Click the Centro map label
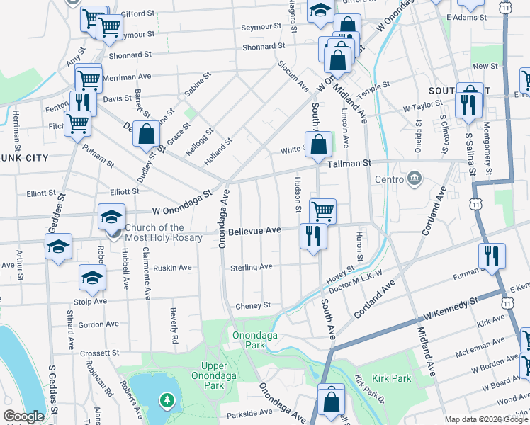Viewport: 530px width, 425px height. (x=388, y=179)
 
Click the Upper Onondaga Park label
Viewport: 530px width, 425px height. (x=210, y=374)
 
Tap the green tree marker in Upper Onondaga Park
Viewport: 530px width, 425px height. (x=167, y=402)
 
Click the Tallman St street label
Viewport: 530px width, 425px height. (x=349, y=164)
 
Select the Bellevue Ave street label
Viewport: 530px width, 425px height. (x=254, y=231)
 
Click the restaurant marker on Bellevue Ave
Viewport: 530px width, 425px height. (x=312, y=235)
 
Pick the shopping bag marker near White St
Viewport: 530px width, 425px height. (x=319, y=145)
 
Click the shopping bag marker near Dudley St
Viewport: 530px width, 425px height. (x=146, y=135)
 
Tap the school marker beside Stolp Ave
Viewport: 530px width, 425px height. (x=92, y=278)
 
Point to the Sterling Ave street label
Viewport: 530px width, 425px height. (x=251, y=267)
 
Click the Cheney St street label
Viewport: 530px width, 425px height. (x=253, y=305)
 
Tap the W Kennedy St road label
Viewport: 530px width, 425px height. (x=452, y=307)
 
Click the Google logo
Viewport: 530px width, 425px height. (x=24, y=416)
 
